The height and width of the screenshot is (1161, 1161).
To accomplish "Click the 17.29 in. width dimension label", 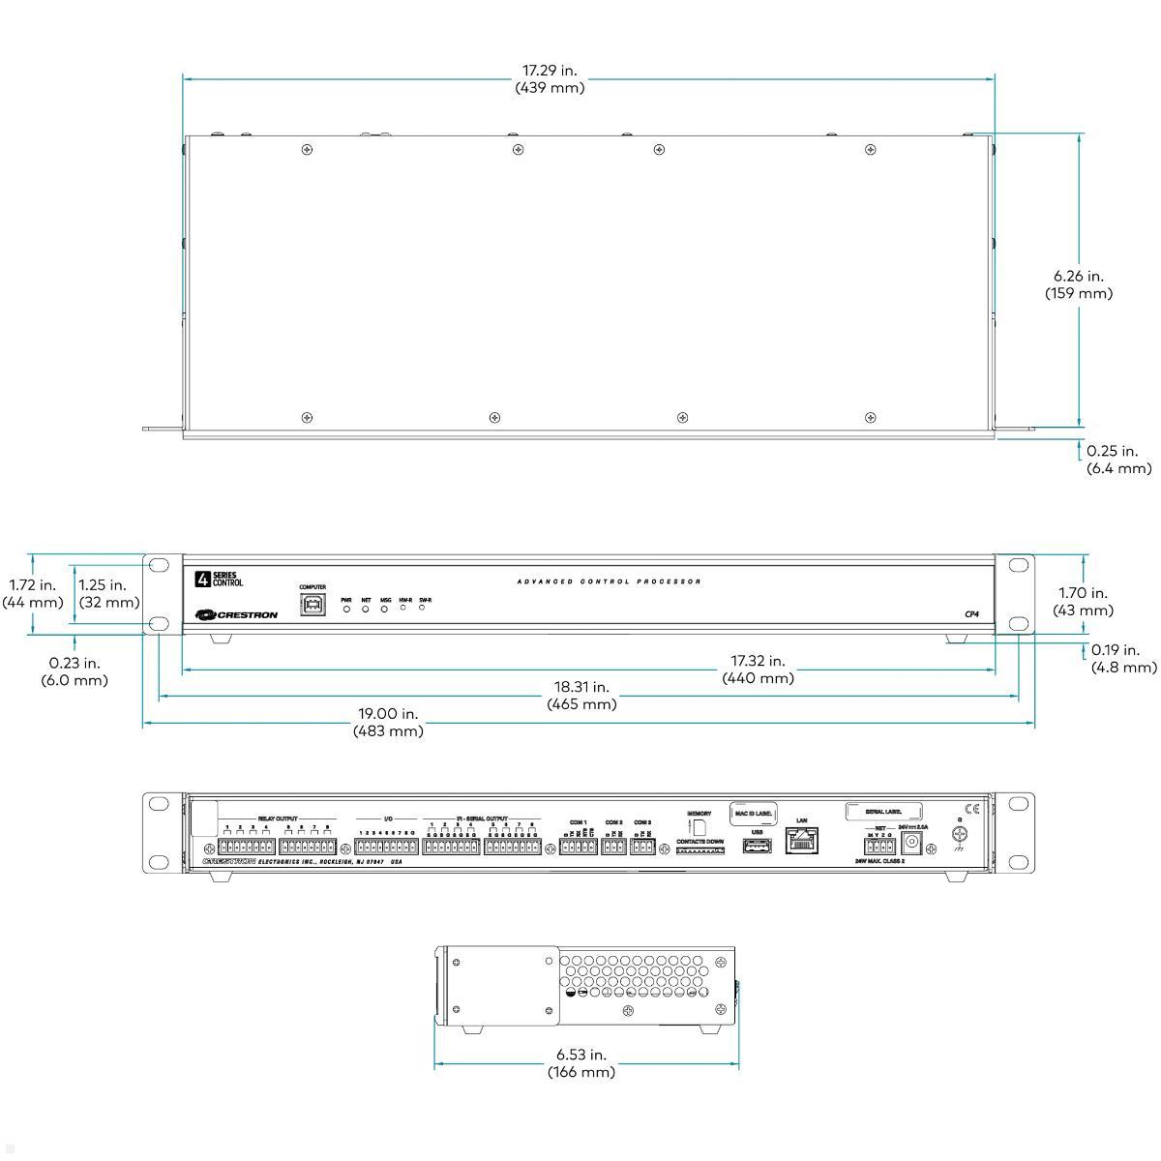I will [x=549, y=78].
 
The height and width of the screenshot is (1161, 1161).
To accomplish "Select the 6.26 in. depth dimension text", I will [x=1078, y=283].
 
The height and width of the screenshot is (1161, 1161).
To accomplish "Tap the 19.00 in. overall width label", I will [x=388, y=722].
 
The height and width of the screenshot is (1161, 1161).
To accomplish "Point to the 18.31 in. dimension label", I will [x=581, y=695].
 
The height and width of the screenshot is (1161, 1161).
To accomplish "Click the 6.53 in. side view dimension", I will [x=580, y=1062].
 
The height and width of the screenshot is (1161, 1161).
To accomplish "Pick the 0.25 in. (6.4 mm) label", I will [x=1118, y=459].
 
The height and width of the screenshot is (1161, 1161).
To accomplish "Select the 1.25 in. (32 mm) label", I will [x=103, y=593].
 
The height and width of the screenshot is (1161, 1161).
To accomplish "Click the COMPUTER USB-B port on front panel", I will [x=313, y=606].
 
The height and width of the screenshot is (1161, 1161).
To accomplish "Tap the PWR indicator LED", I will [x=346, y=610].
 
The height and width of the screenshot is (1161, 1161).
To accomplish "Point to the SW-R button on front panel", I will [x=423, y=608].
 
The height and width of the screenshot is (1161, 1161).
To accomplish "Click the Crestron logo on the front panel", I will [x=236, y=614].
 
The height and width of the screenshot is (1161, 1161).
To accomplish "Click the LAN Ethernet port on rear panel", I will [x=802, y=840].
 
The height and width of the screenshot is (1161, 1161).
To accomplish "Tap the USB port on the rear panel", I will [x=757, y=847].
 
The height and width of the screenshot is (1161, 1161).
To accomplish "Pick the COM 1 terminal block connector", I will [x=578, y=847].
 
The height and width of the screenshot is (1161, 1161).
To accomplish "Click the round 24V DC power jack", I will [x=910, y=842].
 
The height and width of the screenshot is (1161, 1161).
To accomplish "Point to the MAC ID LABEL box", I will [x=755, y=813].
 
